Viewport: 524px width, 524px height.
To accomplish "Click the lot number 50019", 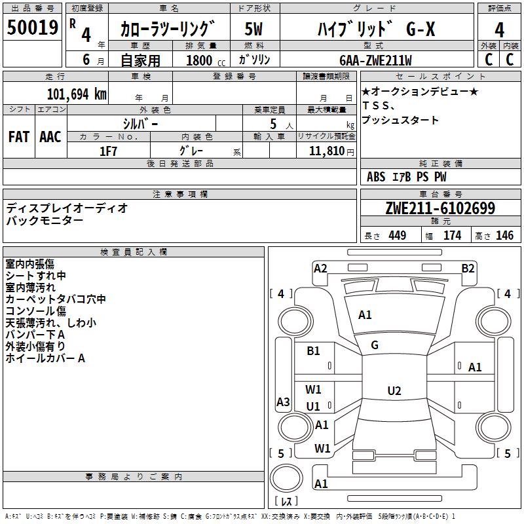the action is (32, 28).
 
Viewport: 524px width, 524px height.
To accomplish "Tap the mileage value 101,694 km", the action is (77, 94).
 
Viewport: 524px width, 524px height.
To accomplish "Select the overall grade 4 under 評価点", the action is (499, 29).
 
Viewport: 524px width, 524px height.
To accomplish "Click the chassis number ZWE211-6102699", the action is (440, 208).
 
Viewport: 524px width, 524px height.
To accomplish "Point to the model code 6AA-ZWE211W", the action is (375, 60).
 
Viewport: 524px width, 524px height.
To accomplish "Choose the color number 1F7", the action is (108, 151).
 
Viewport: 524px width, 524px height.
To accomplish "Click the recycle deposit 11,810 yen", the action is (331, 151).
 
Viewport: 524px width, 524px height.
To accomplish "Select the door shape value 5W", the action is (253, 29).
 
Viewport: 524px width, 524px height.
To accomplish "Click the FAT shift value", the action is (19, 137).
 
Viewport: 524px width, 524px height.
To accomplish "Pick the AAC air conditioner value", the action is (50, 137).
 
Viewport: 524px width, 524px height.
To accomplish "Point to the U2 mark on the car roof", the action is (394, 390).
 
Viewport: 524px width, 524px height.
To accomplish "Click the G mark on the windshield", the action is (375, 345).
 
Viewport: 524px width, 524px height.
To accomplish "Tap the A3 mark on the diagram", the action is (283, 402).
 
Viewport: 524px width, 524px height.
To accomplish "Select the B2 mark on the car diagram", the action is (468, 269).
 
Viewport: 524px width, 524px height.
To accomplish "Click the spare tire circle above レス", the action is (286, 478).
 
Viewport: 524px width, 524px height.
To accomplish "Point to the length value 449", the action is (398, 235).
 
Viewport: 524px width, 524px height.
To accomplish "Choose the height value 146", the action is (504, 235).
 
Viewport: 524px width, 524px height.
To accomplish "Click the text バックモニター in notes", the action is (45, 220).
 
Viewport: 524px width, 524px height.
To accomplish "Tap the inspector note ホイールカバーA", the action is (45, 358).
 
